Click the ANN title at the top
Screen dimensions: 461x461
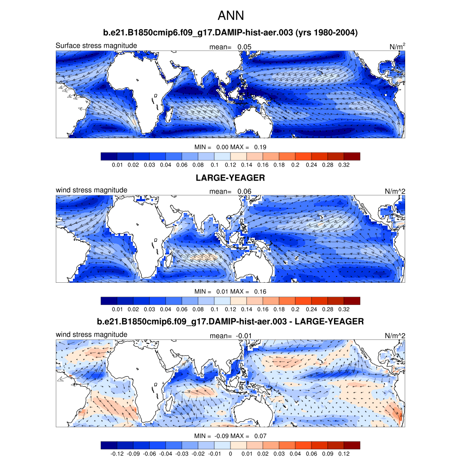point(230,16)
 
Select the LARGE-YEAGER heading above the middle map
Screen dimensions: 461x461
point(230,178)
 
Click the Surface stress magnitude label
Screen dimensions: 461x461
point(96,45)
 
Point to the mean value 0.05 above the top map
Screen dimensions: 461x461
point(244,47)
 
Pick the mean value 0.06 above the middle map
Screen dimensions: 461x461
point(244,191)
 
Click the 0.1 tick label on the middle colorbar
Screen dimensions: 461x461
point(214,310)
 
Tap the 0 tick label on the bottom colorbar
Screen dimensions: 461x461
point(230,454)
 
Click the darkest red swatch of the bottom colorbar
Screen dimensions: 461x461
point(352,445)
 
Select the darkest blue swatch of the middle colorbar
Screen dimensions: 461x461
point(109,301)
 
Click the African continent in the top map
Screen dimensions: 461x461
point(135,90)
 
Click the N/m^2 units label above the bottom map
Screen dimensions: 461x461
point(395,335)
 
